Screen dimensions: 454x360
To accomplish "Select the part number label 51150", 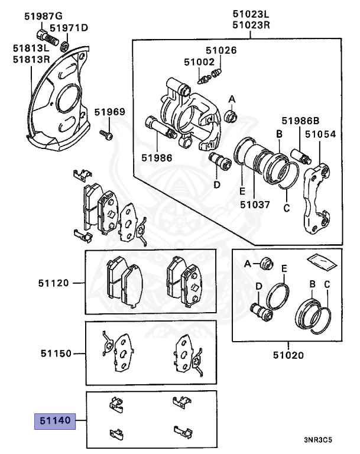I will tap(56, 354).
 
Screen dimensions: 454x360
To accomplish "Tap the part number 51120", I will tap(56, 283).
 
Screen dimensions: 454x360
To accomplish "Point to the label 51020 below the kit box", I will tap(288, 355).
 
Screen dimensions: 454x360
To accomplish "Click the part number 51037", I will tap(255, 205).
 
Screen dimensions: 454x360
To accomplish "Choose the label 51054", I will tap(320, 134).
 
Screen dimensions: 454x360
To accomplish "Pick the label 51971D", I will tap(68, 28).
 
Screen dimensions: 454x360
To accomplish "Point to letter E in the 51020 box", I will tap(284, 269).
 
